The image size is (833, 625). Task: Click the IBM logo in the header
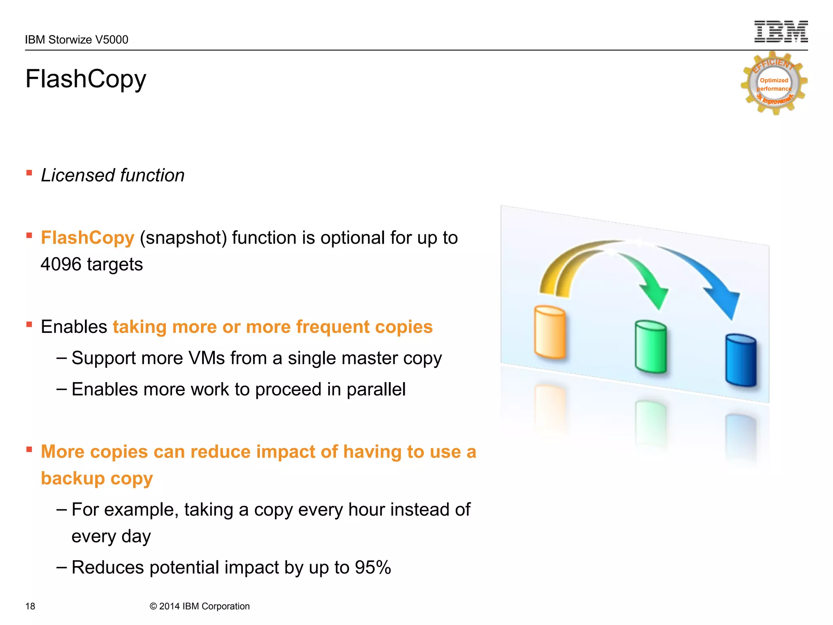pos(781,32)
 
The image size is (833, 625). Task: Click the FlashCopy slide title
pos(85,79)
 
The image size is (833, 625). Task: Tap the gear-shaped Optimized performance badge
pos(774,84)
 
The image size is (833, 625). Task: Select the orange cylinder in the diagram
pos(550,332)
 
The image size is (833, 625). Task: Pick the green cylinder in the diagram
pos(651,347)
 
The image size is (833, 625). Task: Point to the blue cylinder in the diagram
pos(741,361)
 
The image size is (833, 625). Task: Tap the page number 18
pos(30,606)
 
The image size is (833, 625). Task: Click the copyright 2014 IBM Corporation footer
pos(199,606)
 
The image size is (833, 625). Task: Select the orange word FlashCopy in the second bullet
pos(87,238)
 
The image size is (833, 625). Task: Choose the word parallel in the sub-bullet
pos(376,389)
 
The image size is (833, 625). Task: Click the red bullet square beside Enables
pos(29,325)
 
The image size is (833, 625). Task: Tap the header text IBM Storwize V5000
pos(76,40)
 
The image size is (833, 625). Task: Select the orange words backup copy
pos(97,479)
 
